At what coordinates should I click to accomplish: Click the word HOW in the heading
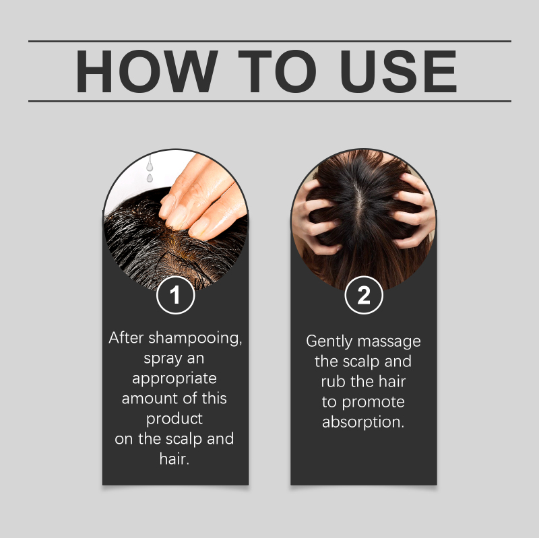tap(146, 71)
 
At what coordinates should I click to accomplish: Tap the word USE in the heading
tap(399, 71)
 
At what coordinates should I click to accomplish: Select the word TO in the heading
tap(277, 71)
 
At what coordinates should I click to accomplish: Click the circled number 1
tap(175, 295)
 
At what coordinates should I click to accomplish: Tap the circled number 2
tap(364, 295)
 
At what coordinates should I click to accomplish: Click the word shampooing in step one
tap(195, 339)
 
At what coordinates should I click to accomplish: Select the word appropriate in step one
tap(175, 379)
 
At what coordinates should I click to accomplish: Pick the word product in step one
tap(175, 419)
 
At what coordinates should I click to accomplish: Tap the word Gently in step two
tap(329, 342)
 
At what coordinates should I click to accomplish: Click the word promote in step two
tap(373, 403)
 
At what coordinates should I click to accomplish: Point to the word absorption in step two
tap(363, 423)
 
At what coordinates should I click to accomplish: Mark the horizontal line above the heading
tap(270, 41)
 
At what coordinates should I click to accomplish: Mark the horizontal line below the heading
tap(270, 101)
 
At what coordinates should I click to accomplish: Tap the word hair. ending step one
tap(175, 459)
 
